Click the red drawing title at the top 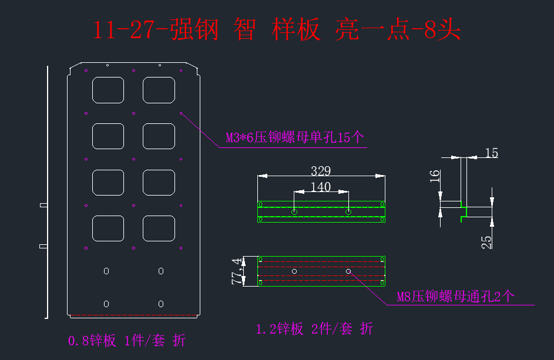coord(276,29)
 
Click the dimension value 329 coord(321,171)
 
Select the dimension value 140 coord(321,187)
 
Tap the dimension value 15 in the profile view coord(492,153)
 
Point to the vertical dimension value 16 coord(435,177)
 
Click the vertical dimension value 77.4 coord(237,271)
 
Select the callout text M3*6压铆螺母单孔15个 coord(295,138)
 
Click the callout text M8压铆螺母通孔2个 coord(455,297)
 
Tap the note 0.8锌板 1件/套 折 coord(127,340)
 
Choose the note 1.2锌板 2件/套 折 coord(314,329)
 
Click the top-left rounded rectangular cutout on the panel coord(108,90)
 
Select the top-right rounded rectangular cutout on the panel coord(159,90)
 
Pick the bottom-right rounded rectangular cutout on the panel coord(159,228)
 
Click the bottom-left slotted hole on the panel coord(106,304)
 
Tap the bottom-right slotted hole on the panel coord(160,304)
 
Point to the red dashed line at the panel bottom coord(134,315)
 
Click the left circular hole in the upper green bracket coord(294,211)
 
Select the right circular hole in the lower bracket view coord(348,271)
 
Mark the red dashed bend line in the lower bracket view coord(321,267)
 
